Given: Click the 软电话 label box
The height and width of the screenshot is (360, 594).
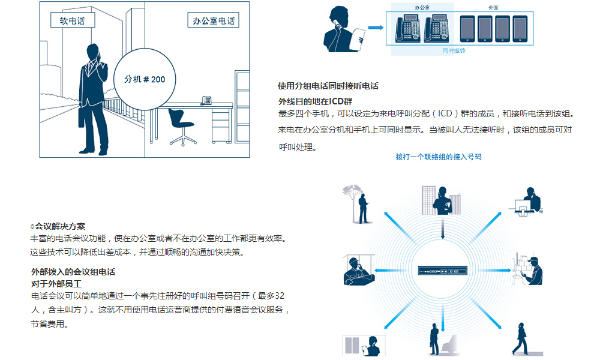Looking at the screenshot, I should (73, 21).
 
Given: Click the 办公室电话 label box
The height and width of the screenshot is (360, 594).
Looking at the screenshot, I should (213, 21).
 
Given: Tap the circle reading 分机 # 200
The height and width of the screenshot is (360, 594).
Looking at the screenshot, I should (145, 79).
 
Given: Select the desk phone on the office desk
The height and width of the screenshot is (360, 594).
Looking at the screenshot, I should (206, 100).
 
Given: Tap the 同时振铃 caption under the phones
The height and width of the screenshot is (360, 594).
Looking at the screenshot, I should (454, 51).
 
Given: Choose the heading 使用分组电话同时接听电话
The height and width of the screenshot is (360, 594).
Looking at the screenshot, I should (328, 86).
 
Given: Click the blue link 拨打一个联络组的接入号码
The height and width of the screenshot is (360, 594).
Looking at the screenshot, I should (439, 157).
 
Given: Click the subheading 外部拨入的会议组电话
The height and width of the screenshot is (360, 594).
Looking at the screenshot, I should (73, 272).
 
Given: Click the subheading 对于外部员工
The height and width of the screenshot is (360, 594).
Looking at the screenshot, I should (56, 283).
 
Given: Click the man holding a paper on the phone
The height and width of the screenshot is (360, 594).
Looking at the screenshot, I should (343, 30).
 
